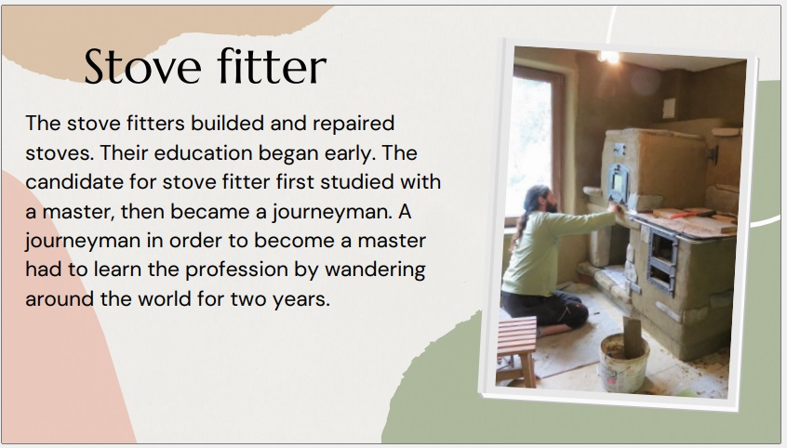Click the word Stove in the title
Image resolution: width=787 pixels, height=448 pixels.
(x=142, y=66)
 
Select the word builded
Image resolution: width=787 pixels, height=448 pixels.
(x=227, y=123)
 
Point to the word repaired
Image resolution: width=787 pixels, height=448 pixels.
(x=353, y=124)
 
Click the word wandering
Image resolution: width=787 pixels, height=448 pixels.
(x=375, y=270)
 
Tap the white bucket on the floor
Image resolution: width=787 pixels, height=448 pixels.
(x=624, y=362)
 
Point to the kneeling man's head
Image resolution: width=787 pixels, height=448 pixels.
(x=540, y=199)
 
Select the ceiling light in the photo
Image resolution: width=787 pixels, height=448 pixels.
(x=608, y=57)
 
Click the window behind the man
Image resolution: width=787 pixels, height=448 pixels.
(x=532, y=146)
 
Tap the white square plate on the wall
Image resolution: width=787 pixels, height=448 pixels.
(x=669, y=109)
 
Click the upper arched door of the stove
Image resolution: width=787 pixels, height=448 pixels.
(x=618, y=182)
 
